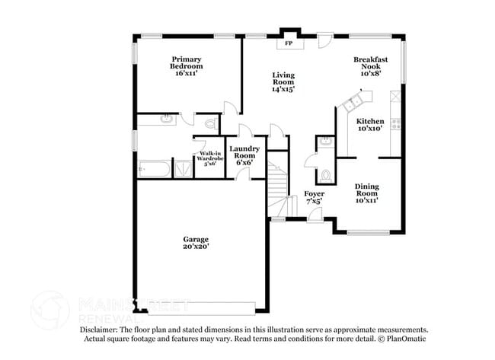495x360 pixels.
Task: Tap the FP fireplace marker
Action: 289,43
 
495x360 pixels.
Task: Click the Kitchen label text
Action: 370,121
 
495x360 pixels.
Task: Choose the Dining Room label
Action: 366,190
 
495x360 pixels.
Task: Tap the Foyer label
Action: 315,194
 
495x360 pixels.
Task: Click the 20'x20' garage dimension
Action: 196,247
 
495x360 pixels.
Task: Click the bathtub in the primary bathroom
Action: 155,168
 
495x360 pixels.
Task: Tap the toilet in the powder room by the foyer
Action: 325,174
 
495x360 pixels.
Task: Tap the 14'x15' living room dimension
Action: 283,89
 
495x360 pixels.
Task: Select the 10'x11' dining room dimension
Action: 366,200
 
